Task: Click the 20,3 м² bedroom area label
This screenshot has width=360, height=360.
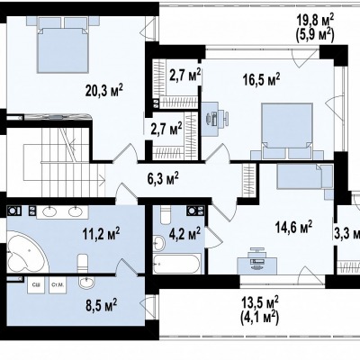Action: click(x=104, y=91)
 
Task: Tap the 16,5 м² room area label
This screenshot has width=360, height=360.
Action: click(x=261, y=79)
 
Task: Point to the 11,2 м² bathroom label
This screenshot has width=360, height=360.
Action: click(x=102, y=233)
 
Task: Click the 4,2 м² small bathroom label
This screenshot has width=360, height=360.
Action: click(x=184, y=233)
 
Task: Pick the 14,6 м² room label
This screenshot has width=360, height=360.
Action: click(x=293, y=227)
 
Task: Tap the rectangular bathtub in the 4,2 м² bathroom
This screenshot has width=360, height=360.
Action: click(x=176, y=264)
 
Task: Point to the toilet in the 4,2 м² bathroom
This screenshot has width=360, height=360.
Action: click(x=166, y=215)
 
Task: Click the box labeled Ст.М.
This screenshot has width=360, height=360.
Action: click(x=58, y=285)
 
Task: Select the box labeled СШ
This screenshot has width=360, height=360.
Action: click(x=36, y=285)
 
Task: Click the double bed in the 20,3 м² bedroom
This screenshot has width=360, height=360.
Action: click(x=63, y=49)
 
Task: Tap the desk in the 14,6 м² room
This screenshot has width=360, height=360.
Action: click(x=256, y=263)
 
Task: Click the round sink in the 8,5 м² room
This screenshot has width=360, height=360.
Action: click(x=86, y=283)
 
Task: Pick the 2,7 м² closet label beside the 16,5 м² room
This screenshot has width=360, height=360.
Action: click(x=185, y=75)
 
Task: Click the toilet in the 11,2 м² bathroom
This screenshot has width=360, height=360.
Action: click(x=83, y=264)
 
